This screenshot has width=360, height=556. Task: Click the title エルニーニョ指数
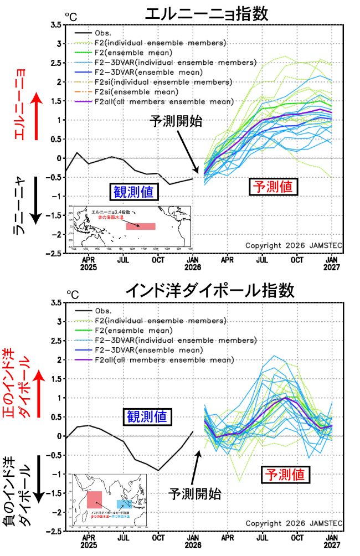206,13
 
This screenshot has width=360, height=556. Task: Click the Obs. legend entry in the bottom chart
104,311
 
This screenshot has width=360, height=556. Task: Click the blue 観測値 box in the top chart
133,192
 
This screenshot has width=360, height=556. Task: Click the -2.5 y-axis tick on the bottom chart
54,531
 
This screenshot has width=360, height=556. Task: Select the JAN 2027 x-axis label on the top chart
332,263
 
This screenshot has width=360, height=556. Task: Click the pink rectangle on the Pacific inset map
140,226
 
